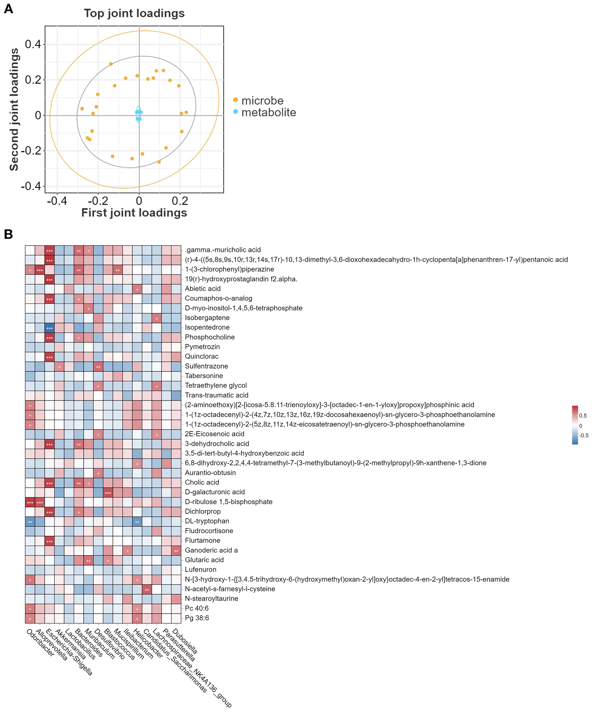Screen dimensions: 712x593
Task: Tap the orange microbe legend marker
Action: [x=235, y=100]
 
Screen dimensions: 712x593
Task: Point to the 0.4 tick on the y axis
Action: [x=33, y=44]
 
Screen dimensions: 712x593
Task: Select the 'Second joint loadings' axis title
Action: [x=14, y=109]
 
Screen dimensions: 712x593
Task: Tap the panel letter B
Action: [x=8, y=234]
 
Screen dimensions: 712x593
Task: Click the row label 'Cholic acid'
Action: [x=202, y=482]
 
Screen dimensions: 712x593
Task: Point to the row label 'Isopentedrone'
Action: [x=207, y=327]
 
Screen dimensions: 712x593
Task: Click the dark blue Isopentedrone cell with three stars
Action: [x=49, y=328]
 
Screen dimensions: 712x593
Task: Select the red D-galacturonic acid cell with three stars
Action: [x=108, y=492]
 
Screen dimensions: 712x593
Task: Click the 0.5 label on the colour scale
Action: [x=583, y=416]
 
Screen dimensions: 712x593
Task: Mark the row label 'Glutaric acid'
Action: [x=204, y=560]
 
